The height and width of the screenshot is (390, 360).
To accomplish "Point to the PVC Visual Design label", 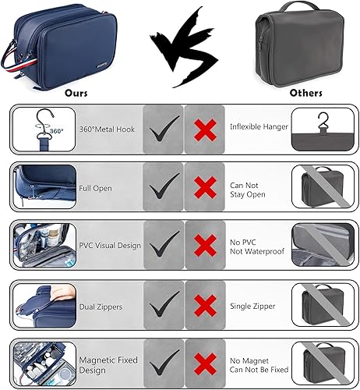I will pos(110,245).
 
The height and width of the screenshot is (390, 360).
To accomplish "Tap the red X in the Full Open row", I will pos(205,186).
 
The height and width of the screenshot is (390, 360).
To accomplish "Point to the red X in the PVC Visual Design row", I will pos(205,245).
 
